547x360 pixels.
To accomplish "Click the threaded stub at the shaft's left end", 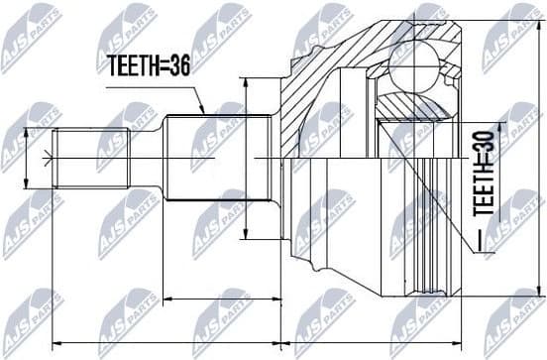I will [92, 158].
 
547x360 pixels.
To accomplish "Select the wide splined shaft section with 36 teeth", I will [218, 158].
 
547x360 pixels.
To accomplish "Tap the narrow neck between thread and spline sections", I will [147, 158].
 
